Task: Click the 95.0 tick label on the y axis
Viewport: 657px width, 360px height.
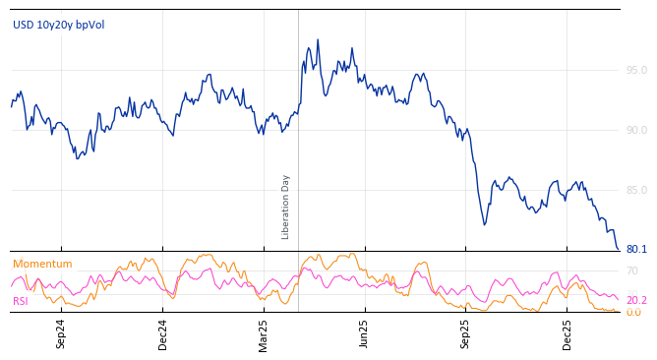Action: [636, 70]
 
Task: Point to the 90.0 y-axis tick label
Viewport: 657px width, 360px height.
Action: [636, 130]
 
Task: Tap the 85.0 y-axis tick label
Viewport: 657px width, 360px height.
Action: [636, 190]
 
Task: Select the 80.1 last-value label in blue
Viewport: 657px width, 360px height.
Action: [636, 249]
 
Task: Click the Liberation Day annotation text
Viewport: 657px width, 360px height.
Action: [286, 207]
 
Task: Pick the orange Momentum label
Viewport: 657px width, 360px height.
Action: [42, 264]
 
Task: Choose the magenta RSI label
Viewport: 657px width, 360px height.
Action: [21, 301]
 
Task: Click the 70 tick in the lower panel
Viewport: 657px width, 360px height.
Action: [632, 270]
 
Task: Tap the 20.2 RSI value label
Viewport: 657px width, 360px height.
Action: [636, 300]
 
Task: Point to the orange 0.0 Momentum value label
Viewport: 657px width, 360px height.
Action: [633, 312]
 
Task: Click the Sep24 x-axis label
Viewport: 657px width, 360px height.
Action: [61, 334]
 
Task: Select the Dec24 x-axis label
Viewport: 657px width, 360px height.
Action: [163, 334]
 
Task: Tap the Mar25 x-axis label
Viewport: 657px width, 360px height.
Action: [264, 334]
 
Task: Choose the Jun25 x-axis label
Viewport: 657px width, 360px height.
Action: [364, 334]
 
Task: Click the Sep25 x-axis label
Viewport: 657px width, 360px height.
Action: [465, 334]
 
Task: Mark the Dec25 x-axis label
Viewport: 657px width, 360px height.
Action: [567, 334]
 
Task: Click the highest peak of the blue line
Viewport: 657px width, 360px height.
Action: [318, 40]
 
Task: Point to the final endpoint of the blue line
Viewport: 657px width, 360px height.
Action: [618, 249]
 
